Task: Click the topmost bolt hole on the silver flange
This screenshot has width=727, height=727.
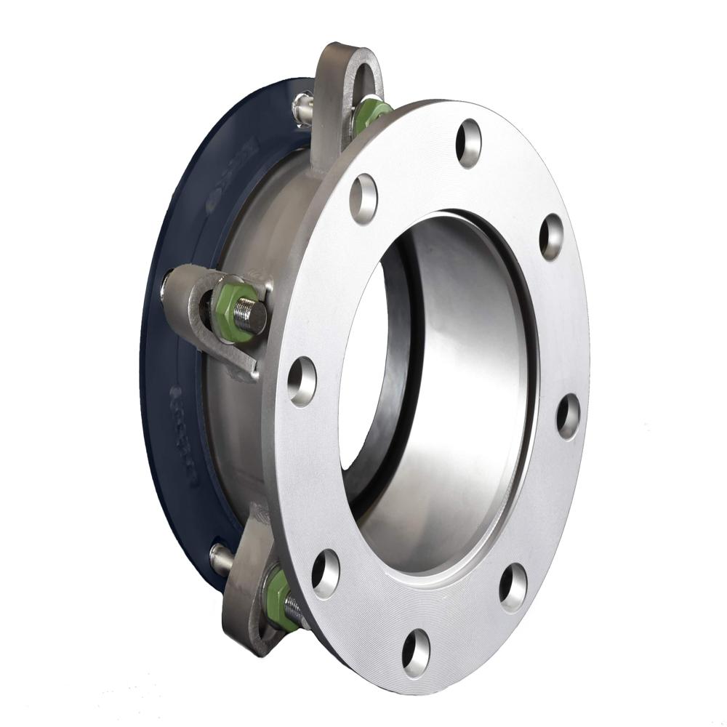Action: pos(468,142)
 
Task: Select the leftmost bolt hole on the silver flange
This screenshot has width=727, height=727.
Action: pos(301,381)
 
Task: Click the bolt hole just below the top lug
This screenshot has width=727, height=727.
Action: pos(363,198)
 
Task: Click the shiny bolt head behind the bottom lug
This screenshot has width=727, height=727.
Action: pos(220,558)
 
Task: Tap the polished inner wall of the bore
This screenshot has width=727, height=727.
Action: pos(465,378)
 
